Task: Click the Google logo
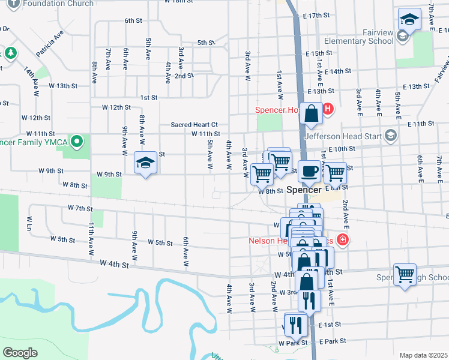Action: point(20,352)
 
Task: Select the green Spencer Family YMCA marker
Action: point(76,142)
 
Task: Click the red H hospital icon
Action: point(328,109)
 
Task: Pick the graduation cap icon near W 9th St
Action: point(145,163)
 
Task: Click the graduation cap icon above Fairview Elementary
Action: point(409,19)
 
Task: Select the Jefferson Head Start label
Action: point(343,136)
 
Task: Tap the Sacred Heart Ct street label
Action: point(193,124)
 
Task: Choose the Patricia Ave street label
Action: point(49,45)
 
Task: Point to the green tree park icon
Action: point(11,53)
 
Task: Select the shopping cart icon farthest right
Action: point(405,274)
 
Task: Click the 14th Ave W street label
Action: point(31,82)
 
